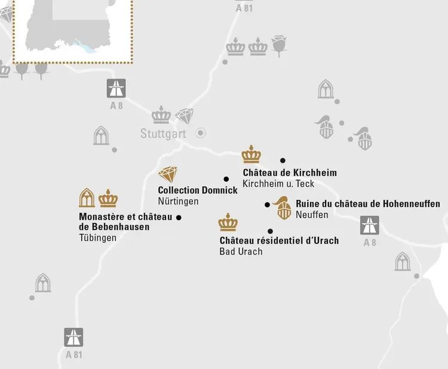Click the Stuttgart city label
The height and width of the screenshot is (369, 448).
163,133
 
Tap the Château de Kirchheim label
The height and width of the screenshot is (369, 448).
290,173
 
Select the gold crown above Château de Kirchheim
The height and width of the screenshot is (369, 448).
251,154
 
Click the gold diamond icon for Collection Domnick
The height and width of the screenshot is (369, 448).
168,175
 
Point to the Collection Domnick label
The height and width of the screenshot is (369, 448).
197,190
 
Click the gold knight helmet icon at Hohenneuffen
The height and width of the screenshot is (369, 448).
283,208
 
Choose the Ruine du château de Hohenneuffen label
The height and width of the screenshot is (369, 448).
367,204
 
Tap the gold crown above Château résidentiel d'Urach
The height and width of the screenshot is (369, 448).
228,222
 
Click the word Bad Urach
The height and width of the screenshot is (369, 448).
241,252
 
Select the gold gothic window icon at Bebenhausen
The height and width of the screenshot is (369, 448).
87,198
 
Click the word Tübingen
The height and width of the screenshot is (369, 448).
97,237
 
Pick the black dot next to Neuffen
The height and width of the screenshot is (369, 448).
268,205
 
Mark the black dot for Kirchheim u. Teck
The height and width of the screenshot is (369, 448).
283,160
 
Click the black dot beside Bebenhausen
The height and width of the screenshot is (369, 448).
179,217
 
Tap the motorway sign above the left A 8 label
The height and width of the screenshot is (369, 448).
116,89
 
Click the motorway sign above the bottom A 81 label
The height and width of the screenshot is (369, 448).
73,337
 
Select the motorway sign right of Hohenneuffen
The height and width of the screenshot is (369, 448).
369,225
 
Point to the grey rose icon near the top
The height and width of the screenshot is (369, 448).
279,45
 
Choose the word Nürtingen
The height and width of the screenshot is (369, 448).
178,202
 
